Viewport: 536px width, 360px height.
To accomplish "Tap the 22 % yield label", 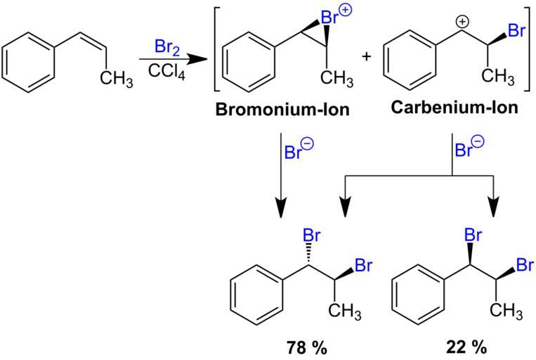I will [466, 347].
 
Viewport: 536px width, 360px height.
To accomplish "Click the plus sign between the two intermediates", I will [365, 57].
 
